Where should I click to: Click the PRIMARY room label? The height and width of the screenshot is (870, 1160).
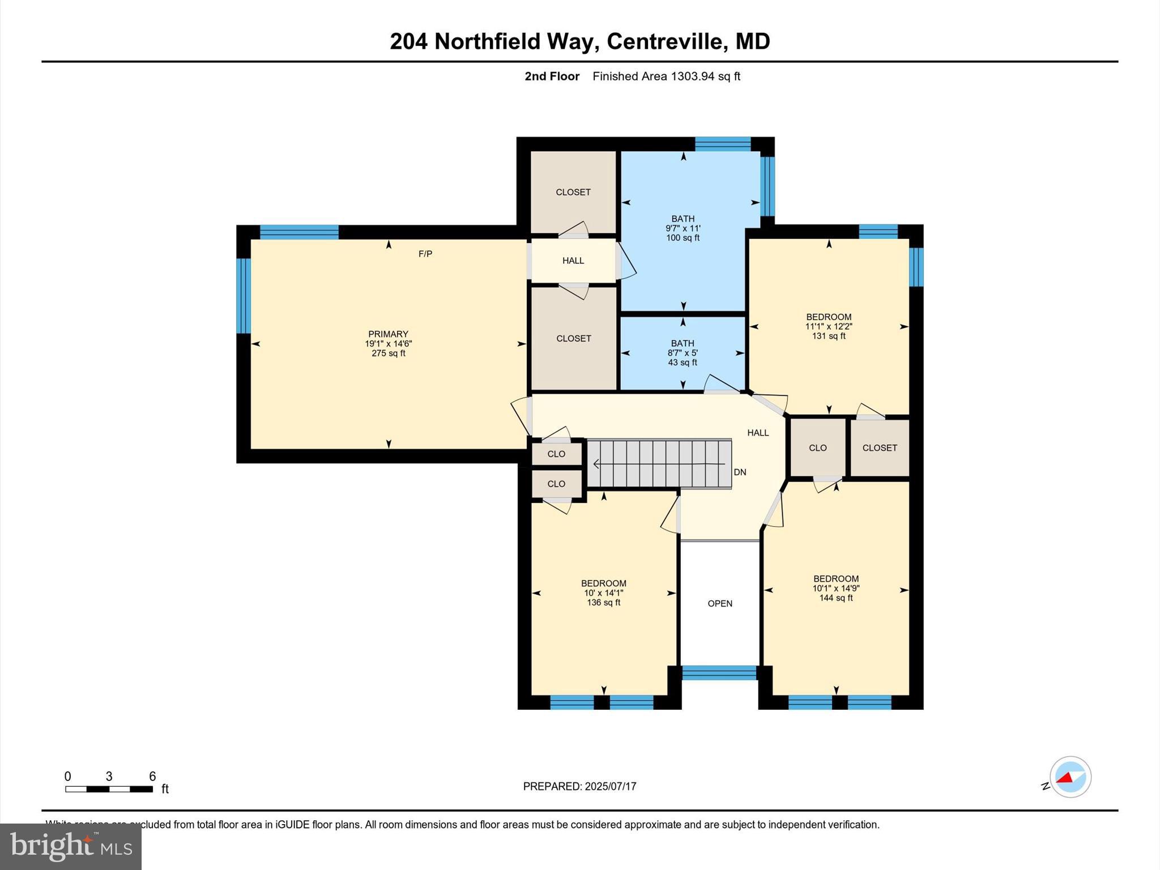(x=388, y=334)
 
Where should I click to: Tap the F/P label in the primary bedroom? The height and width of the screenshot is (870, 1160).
(x=425, y=254)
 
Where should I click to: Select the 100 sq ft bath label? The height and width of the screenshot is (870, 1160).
(x=683, y=228)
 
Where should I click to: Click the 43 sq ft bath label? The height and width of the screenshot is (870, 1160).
(x=683, y=353)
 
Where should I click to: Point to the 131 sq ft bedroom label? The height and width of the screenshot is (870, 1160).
(x=829, y=326)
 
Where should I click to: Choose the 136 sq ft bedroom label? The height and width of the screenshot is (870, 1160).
(x=603, y=593)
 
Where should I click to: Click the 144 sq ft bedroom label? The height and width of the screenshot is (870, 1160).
(x=836, y=588)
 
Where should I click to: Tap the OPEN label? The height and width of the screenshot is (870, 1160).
(x=720, y=604)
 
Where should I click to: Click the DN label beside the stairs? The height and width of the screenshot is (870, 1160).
(x=740, y=472)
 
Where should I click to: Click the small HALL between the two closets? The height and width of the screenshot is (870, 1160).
(x=573, y=261)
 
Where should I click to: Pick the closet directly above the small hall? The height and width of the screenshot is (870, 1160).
(x=573, y=192)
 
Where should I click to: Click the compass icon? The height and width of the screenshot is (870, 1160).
(x=1070, y=777)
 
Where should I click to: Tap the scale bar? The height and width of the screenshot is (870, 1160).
(x=109, y=789)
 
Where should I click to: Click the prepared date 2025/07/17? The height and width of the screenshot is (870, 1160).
(x=610, y=787)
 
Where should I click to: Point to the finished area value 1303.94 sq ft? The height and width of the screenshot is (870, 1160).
(x=706, y=76)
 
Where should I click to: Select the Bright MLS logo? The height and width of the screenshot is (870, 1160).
(x=71, y=846)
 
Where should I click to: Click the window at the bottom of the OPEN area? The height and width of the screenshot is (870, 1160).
(x=719, y=673)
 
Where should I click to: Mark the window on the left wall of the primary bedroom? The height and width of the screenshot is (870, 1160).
(x=243, y=296)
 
